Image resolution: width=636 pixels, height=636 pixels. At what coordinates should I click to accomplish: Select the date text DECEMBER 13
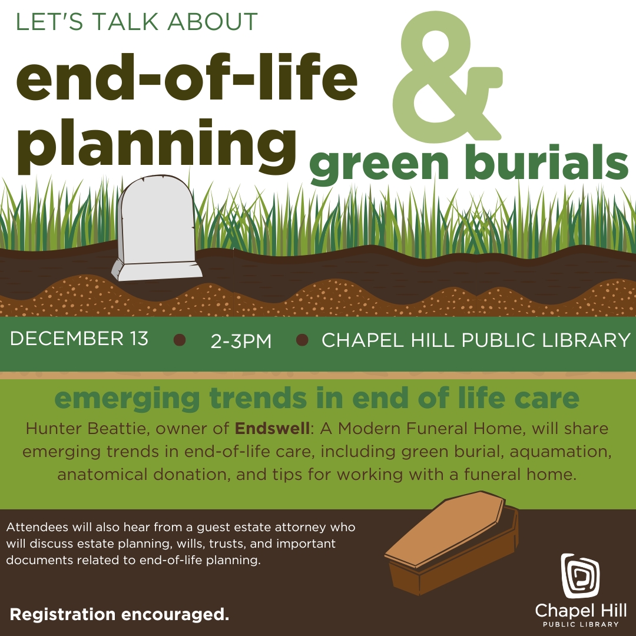click(79, 338)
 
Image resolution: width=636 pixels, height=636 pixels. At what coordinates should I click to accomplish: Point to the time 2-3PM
click(241, 341)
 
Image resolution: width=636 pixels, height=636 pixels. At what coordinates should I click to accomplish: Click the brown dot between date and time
click(180, 340)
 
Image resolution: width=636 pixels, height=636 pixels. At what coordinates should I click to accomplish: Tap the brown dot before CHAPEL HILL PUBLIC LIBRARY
click(302, 340)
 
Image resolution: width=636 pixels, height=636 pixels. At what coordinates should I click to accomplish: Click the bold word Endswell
click(272, 428)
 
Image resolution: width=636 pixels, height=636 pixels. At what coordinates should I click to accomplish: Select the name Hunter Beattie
click(85, 429)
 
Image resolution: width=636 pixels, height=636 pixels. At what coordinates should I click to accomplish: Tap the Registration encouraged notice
click(120, 614)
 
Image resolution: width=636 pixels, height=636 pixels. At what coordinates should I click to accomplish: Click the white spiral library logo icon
click(581, 575)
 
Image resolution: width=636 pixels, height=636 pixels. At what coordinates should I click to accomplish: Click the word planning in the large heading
click(157, 146)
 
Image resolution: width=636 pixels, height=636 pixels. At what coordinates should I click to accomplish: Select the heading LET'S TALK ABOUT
click(137, 22)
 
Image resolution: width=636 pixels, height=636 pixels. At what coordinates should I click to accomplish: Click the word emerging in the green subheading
click(127, 399)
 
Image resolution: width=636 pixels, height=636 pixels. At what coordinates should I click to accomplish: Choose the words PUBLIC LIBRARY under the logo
click(581, 624)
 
